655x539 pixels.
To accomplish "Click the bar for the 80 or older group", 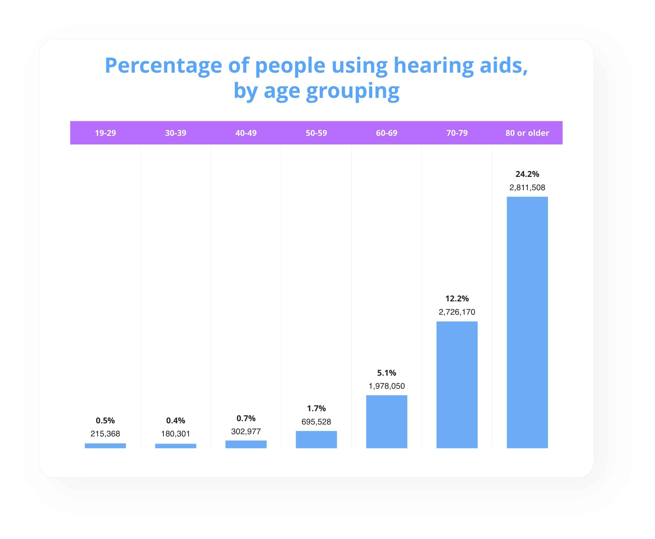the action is (x=527, y=322).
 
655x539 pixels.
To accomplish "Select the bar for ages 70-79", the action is (x=457, y=385).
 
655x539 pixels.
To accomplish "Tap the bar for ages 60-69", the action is (x=386, y=422).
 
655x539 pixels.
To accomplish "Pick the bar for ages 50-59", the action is (x=316, y=439).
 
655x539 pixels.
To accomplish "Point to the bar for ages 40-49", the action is (x=246, y=444).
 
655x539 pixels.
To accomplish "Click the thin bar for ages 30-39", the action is (x=176, y=446).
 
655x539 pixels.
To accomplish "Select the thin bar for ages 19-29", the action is (x=105, y=446).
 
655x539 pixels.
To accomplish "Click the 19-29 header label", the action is (x=105, y=133).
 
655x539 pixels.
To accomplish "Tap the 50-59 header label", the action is (x=316, y=133).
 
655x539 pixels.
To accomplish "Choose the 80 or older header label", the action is (x=527, y=133).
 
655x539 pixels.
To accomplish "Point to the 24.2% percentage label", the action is (x=527, y=174).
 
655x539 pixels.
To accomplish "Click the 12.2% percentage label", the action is (x=457, y=298).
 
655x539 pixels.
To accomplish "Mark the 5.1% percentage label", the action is (x=386, y=373).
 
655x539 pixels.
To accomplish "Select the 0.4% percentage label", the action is (x=176, y=420).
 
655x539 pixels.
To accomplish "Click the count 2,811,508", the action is (x=527, y=187).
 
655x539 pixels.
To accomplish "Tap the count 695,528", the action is (x=316, y=422).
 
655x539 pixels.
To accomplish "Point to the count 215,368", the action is (x=105, y=433).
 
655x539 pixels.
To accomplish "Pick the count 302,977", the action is (x=246, y=431).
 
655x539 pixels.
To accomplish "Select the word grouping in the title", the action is (x=352, y=91).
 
